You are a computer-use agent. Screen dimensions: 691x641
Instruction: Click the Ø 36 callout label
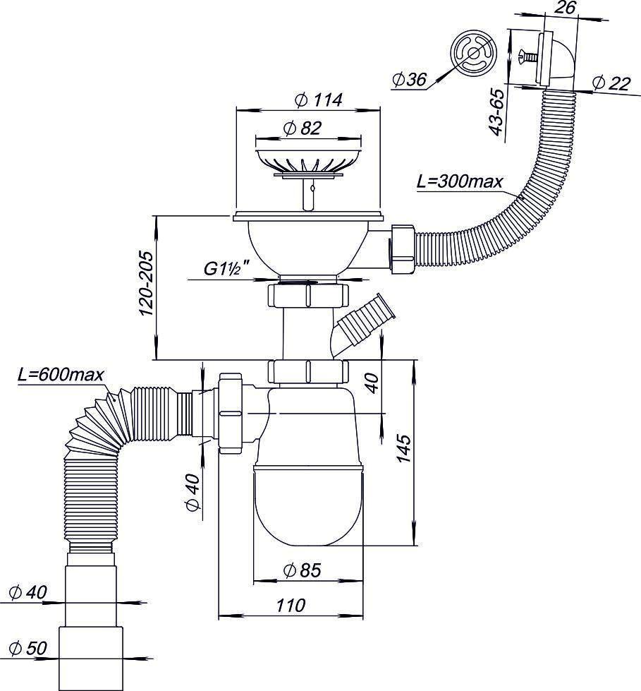click(x=408, y=80)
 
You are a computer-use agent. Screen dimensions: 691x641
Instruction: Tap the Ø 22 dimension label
click(x=610, y=83)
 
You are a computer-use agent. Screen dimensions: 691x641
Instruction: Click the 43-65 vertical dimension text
click(x=496, y=113)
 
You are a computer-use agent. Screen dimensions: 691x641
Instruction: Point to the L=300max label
click(x=459, y=181)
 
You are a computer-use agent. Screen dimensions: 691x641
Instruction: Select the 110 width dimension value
click(x=290, y=605)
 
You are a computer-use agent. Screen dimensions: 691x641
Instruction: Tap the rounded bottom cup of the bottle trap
click(x=308, y=505)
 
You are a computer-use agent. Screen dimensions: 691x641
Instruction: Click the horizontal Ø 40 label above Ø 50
click(x=28, y=593)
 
